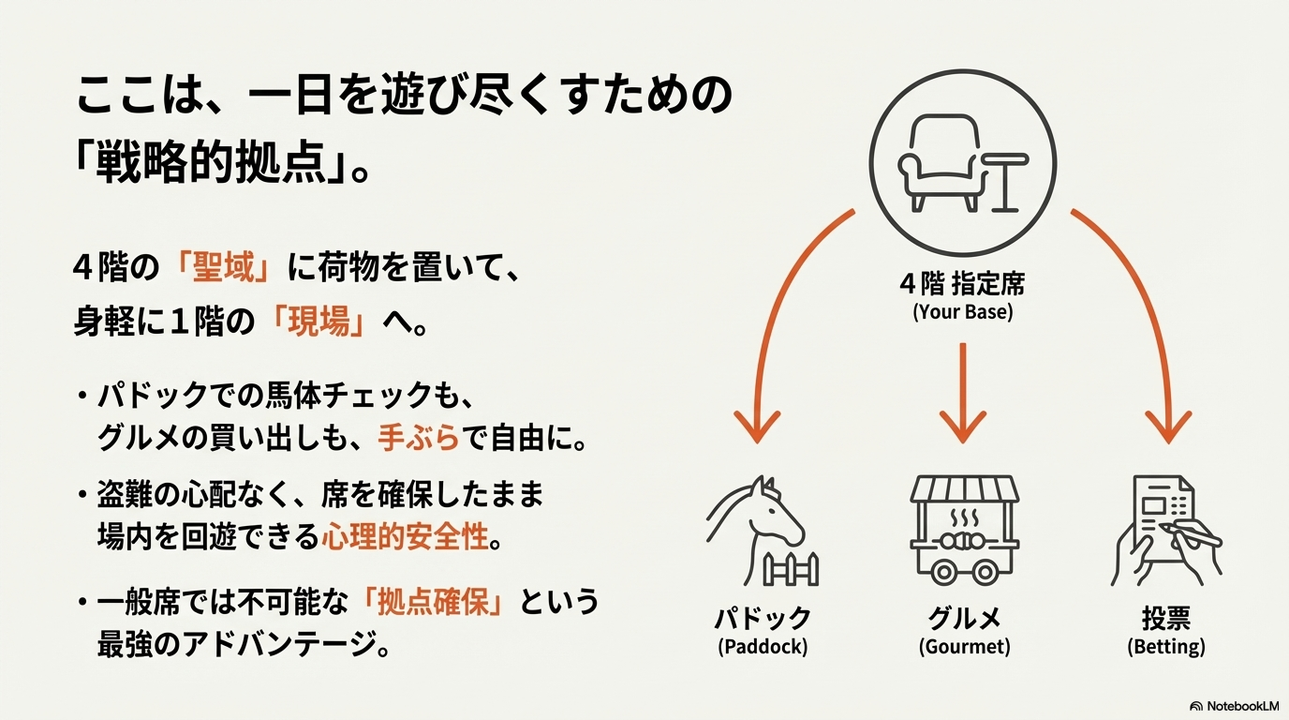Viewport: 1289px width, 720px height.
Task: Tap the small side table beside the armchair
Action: [x=1008, y=181]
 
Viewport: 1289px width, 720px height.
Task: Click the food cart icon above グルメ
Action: [x=963, y=530]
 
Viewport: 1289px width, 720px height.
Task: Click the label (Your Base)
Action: [x=962, y=312]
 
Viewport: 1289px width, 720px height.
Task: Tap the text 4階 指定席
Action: [x=962, y=284]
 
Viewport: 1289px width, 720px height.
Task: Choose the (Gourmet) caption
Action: [x=964, y=647]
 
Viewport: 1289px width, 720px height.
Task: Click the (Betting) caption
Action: [x=1165, y=647]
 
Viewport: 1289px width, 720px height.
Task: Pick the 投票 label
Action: [x=1165, y=618]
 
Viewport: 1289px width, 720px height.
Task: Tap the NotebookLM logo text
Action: [x=1242, y=705]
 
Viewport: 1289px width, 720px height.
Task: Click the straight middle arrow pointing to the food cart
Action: [x=963, y=394]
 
